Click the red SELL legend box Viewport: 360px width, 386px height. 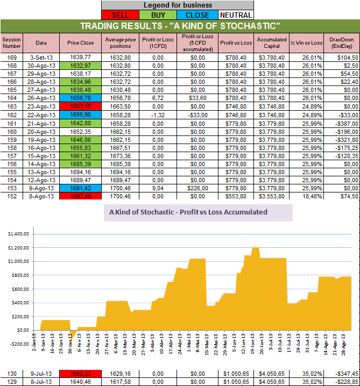[x=120, y=15]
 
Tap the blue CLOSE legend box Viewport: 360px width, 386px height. [x=197, y=15]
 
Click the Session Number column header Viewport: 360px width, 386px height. [x=11, y=42]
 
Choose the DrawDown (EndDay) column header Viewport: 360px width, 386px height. [x=341, y=42]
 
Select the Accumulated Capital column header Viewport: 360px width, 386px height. [x=271, y=42]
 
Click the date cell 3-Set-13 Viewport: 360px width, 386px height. [x=41, y=56]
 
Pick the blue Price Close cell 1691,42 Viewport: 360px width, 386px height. [x=80, y=190]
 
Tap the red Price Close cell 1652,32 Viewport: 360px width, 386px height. [x=80, y=373]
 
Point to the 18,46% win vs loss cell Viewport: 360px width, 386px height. [x=306, y=197]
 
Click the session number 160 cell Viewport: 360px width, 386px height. [x=11, y=132]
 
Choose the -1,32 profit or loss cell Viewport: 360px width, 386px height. [x=157, y=115]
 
